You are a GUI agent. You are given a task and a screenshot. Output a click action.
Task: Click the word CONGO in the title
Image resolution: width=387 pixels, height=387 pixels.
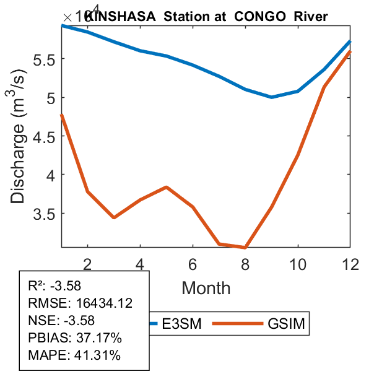(x=258, y=16)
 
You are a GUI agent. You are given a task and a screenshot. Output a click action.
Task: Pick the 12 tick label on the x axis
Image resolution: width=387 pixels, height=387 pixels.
(x=350, y=263)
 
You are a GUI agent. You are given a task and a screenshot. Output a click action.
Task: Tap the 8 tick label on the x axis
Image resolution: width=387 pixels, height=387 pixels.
(x=245, y=263)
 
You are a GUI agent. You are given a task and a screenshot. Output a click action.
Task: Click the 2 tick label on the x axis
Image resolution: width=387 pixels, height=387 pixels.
(x=88, y=263)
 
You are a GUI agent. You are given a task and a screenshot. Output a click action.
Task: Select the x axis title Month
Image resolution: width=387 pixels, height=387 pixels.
(x=206, y=288)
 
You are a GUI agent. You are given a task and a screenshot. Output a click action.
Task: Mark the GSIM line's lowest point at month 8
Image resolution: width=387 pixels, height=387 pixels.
(x=245, y=248)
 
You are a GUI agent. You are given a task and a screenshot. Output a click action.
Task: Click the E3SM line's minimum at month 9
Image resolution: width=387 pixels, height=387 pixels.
(x=271, y=97)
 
